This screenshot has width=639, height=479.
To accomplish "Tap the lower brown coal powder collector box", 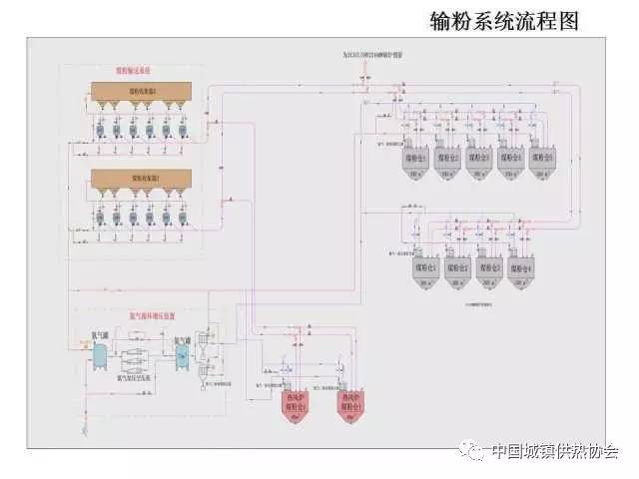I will tap(141, 179).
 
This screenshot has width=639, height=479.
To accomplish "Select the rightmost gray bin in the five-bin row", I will tap(542, 161).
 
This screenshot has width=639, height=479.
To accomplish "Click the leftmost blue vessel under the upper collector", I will tap(101, 130).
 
